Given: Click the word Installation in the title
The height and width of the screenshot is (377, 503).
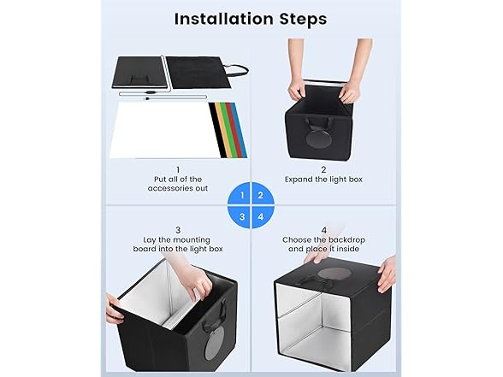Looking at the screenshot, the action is tap(224, 19).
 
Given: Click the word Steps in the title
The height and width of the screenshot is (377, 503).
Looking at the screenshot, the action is tap(303, 19).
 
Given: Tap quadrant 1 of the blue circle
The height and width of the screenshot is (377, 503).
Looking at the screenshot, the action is tap(240, 194).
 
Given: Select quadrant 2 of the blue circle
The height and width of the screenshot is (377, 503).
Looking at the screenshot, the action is tap(262, 194).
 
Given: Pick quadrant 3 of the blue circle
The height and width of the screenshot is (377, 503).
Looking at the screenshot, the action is tap(240, 215).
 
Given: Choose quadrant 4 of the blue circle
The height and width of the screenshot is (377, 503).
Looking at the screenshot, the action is tap(262, 215).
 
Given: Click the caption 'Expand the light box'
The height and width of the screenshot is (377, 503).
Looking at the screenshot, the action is tap(323, 180).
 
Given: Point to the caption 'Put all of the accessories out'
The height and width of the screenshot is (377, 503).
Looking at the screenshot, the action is tap(178, 184).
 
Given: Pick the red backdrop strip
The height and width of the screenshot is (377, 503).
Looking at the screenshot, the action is tap(234, 130).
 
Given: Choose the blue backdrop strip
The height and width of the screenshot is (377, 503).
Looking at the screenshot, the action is tap(240, 130).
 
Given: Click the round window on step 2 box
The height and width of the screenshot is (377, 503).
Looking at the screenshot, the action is tap(319, 139).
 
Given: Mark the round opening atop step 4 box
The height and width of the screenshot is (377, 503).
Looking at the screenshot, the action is tap(334, 274).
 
